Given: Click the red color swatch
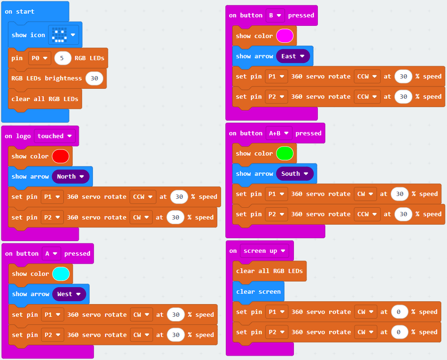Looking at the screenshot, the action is click(x=61, y=157).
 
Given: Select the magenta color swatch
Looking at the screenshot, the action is click(x=285, y=36).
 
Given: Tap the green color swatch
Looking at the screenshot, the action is click(x=285, y=154).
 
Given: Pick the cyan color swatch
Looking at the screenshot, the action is click(x=61, y=274).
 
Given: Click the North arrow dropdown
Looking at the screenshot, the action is click(x=70, y=177).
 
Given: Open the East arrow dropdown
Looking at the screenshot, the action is click(x=293, y=56).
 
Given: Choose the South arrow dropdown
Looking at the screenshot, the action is click(x=295, y=174).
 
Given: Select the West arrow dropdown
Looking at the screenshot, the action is click(x=69, y=294).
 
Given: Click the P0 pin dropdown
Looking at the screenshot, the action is click(x=39, y=58).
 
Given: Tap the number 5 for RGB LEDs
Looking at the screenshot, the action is click(x=62, y=58).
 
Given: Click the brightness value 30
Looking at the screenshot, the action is click(x=94, y=78).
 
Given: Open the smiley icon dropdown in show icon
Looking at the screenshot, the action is click(x=63, y=35).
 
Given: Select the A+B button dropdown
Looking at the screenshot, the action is click(x=279, y=133).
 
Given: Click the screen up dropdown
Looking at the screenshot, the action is click(x=264, y=251).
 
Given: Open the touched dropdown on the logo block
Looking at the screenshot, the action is click(x=55, y=136).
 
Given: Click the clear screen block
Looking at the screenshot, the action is click(x=258, y=291).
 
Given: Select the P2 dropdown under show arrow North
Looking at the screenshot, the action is click(x=52, y=218).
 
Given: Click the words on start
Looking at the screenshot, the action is click(x=19, y=12).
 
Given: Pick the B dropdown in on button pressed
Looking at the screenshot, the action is click(x=275, y=16).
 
